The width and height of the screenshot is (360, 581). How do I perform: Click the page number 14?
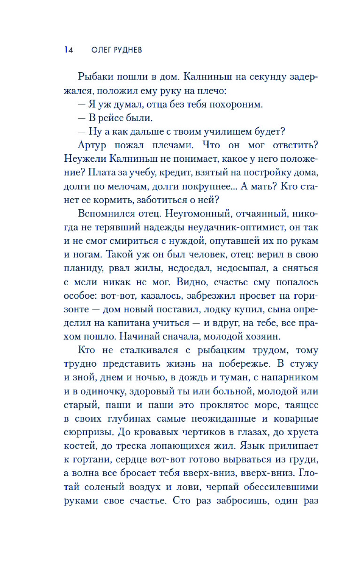(x=68, y=50)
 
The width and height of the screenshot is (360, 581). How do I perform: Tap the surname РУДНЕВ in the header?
(x=129, y=50)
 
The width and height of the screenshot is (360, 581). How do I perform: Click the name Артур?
(x=92, y=145)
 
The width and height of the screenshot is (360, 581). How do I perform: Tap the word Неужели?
(x=85, y=159)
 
